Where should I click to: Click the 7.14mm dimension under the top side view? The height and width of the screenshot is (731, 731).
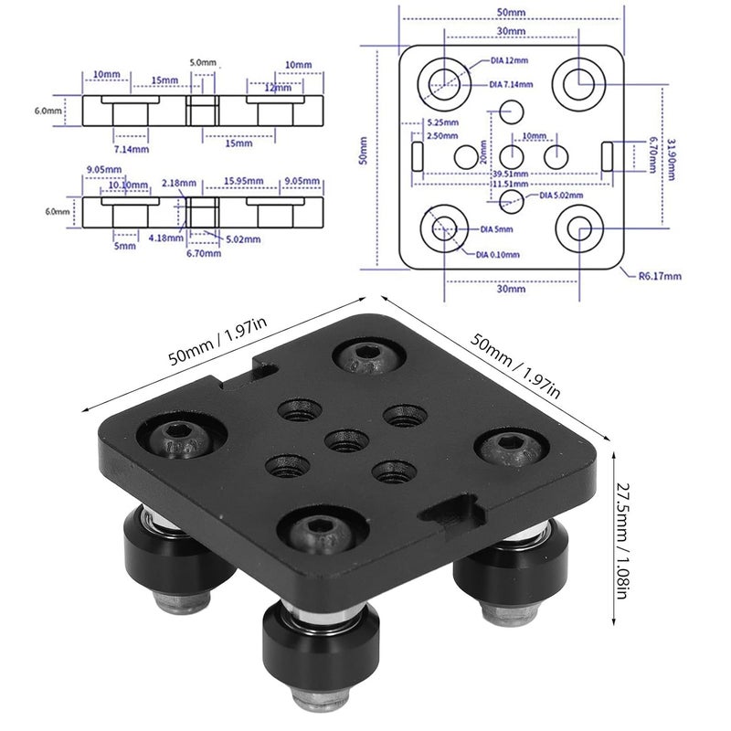click(x=132, y=148)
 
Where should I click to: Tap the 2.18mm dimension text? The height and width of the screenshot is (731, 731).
click(x=176, y=183)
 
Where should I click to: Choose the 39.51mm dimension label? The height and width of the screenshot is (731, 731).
click(x=510, y=173)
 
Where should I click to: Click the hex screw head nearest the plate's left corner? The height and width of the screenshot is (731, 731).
click(x=178, y=434)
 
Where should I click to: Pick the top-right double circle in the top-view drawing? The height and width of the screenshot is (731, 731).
click(x=577, y=82)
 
